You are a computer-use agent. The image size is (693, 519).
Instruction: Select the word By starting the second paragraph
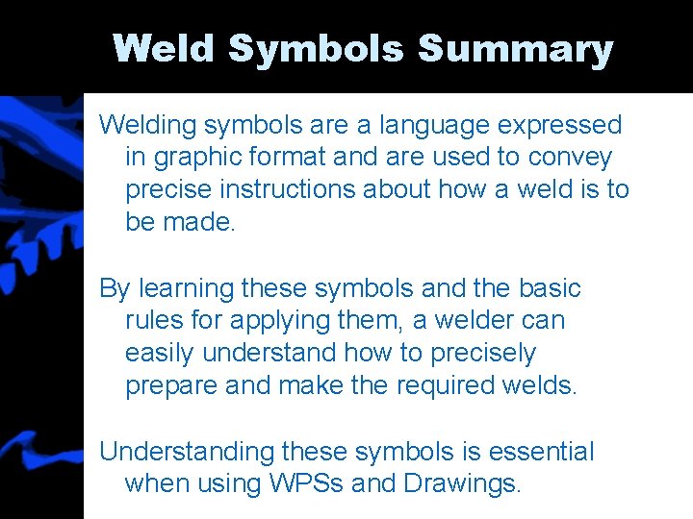[115, 288]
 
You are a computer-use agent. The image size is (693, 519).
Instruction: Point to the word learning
[186, 288]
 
